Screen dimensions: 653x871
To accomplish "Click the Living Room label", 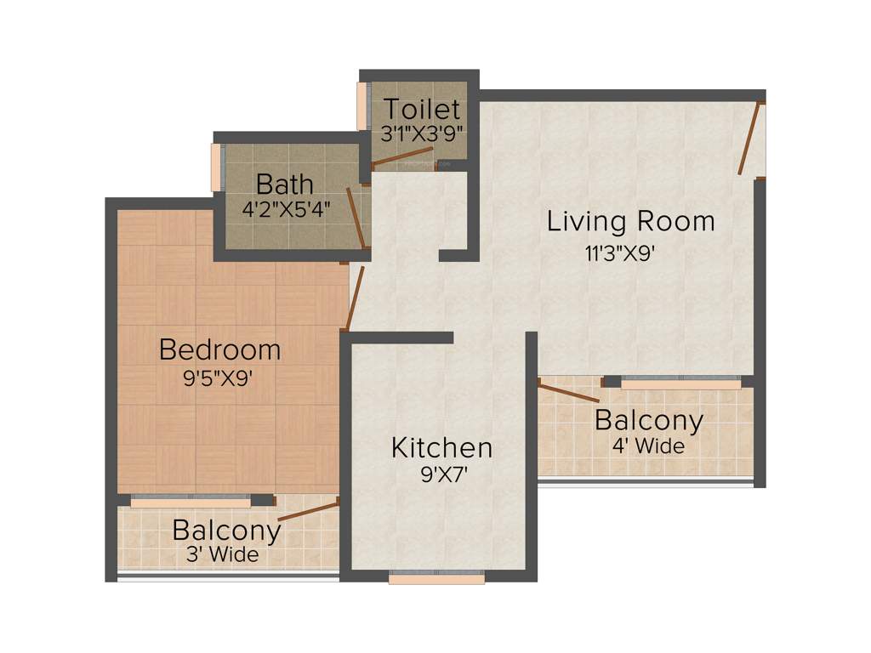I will point(630,221).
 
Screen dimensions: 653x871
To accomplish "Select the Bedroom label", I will point(219,349).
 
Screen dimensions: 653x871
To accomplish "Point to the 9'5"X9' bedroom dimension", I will point(219,379).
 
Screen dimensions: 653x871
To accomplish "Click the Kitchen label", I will point(441,447).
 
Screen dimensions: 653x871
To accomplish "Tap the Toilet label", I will point(421,110).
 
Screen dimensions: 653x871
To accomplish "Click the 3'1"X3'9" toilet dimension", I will point(422,133).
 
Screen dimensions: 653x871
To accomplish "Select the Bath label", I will point(284,184).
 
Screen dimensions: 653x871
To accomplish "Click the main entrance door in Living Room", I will point(748,138).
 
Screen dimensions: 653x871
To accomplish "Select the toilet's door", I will point(404,158).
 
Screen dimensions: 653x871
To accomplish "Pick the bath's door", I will point(356,219).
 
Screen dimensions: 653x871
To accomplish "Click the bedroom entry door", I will point(354,298).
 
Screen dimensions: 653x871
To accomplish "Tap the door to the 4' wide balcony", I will point(568,392).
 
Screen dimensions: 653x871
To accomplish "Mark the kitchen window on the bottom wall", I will point(436,578).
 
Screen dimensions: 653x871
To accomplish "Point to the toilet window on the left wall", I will point(361,106).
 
